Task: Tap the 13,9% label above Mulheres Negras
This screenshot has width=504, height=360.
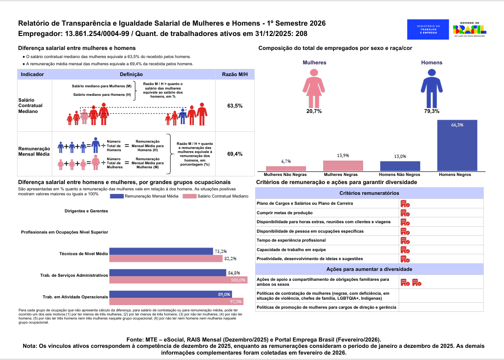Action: (x=343, y=156)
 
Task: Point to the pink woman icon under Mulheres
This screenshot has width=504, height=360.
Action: (x=314, y=88)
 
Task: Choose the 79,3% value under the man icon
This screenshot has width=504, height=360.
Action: (x=432, y=111)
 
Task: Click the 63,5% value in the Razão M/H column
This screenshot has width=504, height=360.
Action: (x=235, y=106)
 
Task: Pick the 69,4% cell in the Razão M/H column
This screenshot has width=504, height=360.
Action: (x=235, y=154)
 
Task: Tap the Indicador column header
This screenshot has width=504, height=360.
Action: (x=32, y=74)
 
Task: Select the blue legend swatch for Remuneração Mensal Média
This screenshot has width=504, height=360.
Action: (x=117, y=196)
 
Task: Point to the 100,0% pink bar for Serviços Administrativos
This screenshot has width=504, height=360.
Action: (x=178, y=280)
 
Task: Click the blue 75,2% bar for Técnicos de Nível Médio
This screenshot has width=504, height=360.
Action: (x=161, y=251)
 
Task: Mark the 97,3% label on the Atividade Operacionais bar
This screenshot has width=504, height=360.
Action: (x=236, y=301)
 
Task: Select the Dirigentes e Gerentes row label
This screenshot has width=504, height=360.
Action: (x=86, y=211)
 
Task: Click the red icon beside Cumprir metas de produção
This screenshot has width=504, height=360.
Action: (x=405, y=213)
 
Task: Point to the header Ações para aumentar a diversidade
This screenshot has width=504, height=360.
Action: (x=369, y=269)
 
